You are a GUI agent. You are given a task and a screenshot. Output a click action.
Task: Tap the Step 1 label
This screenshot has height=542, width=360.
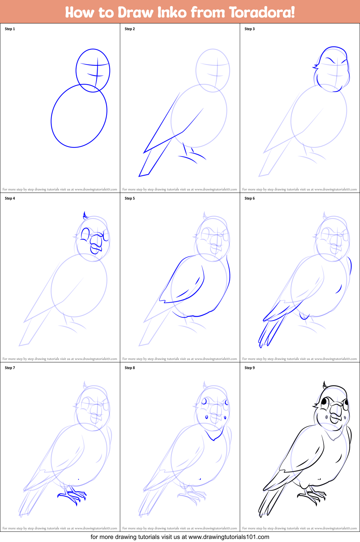click(x=10, y=29)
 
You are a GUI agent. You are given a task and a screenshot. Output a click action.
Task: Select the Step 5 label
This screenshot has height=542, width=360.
click(x=130, y=198)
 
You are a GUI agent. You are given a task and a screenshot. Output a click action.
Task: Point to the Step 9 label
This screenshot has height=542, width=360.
click(x=250, y=368)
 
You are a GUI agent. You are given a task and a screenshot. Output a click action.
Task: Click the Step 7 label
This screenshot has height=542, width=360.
click(x=10, y=368)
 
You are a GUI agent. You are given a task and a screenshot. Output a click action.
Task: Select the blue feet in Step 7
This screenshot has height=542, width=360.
click(x=72, y=496)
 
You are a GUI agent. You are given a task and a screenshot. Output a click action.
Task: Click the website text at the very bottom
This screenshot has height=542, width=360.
click(x=180, y=537)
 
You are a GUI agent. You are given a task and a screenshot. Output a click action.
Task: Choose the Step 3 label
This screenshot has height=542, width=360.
click(x=250, y=29)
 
